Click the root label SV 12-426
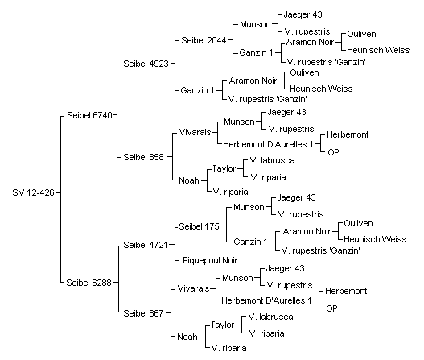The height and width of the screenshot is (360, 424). [x=33, y=192]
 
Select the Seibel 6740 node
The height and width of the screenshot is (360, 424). [x=89, y=115]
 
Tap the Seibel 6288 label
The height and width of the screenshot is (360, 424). [x=89, y=283]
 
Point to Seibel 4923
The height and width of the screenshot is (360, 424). [x=146, y=64]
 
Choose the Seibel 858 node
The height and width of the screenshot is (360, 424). [x=143, y=157]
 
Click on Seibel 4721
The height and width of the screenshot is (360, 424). [x=146, y=245]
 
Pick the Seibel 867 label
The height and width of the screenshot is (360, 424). [x=143, y=313]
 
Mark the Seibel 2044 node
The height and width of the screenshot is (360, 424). [x=204, y=40]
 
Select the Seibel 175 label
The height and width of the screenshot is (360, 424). [x=199, y=226]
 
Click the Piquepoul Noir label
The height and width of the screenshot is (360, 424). [x=210, y=260]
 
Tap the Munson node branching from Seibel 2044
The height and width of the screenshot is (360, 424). [x=255, y=24]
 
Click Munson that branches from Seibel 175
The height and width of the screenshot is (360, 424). [x=249, y=207]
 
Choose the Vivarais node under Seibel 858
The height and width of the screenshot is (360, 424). [x=195, y=132]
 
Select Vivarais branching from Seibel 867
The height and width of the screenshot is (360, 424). [x=193, y=288]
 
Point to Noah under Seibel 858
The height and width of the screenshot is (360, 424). [x=189, y=180]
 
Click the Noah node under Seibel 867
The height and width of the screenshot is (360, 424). [x=187, y=337]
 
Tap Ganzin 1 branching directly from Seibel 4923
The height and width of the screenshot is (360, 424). [x=197, y=90]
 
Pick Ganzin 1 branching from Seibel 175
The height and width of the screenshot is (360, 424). [x=250, y=242]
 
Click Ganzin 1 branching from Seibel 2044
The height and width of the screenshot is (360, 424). [x=257, y=52]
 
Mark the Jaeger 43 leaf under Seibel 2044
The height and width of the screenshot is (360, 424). [x=303, y=14]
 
